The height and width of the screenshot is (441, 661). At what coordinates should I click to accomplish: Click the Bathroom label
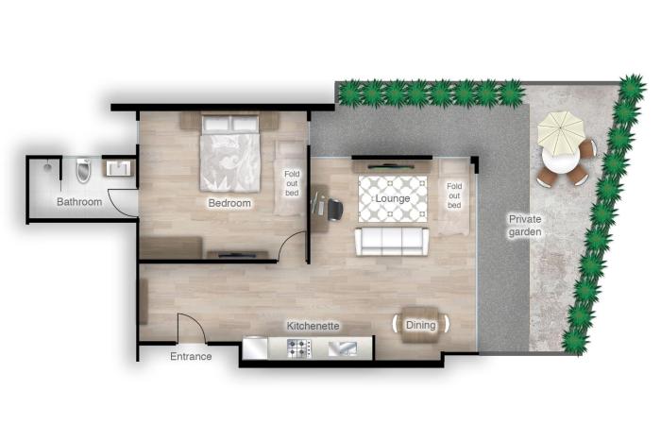coord(79,201)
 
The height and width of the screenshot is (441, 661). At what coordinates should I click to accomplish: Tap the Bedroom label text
coord(229,203)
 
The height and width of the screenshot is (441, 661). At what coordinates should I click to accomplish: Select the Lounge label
coord(392,199)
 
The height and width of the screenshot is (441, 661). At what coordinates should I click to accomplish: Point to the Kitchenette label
coord(314,326)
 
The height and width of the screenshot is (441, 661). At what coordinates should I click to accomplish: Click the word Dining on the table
coord(421,325)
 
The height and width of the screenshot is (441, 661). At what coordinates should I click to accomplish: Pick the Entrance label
coord(191,356)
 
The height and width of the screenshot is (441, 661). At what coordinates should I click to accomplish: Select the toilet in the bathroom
coord(82,169)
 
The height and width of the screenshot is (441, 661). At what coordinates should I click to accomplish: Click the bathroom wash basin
coord(119,169)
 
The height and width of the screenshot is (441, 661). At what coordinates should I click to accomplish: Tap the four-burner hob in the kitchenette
coord(298,348)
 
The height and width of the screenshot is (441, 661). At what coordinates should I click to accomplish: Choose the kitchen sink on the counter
coord(342,348)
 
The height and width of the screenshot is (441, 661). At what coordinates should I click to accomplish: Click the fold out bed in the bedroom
coord(292,178)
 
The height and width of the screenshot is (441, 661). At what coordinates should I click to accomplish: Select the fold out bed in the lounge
coord(453,195)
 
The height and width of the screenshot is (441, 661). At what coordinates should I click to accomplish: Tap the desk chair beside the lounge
coord(335,208)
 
